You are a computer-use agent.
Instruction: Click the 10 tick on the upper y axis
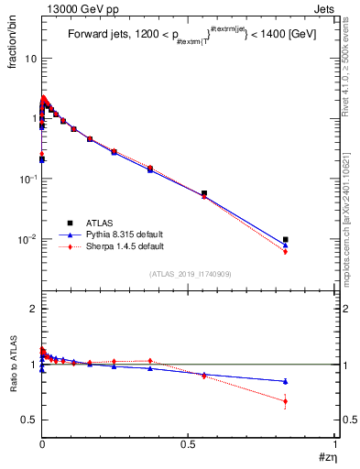29,58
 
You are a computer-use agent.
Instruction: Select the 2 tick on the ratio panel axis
32,309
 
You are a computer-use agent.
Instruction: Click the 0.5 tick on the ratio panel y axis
28,420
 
